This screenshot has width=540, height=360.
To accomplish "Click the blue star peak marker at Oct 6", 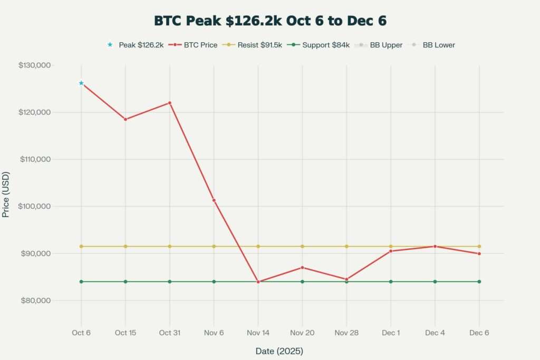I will [81, 83].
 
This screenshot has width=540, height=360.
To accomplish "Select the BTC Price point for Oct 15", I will [126, 119].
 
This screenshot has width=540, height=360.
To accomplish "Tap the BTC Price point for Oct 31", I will [170, 103].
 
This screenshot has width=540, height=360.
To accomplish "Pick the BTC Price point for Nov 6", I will [214, 200].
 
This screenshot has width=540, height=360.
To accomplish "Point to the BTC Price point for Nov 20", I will [302, 267].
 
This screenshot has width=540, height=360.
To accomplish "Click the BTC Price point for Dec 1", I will [391, 251].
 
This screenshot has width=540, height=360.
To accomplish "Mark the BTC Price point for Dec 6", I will [479, 254].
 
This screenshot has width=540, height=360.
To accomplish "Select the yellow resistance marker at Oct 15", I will [126, 246].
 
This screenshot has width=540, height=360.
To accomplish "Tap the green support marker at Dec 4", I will [435, 281].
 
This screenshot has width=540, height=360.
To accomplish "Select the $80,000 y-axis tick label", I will [35, 300].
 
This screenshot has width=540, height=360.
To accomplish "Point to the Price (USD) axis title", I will [6, 194].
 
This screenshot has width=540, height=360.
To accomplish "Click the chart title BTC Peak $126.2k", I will [270, 21].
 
